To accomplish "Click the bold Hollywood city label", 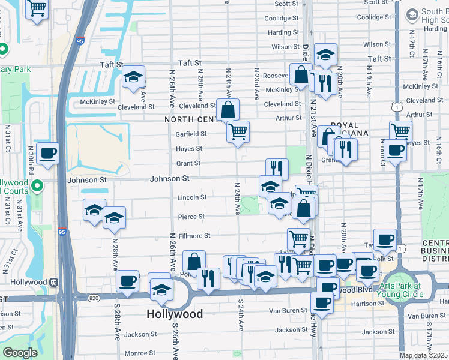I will point(175,314).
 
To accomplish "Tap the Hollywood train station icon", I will point(54,282).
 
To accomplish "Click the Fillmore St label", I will point(194,236).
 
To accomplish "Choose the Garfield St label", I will point(191,134).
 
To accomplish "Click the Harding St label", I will point(279,32).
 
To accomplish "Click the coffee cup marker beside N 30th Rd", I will point(47,152).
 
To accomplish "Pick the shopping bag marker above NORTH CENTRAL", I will point(228,110).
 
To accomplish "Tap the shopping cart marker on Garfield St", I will point(238,131).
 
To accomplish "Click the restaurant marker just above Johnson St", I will point(277,169).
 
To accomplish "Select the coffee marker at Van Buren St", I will point(322,304).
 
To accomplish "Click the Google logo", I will point(19,353).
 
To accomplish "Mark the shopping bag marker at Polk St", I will point(194,262).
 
